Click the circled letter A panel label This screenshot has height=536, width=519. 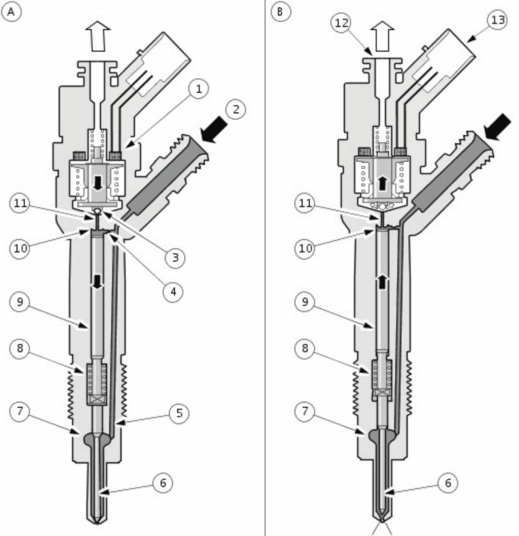[11, 11]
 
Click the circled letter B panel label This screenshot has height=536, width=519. [281, 11]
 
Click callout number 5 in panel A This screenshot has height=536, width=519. [178, 412]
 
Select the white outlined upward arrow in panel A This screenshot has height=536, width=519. [98, 35]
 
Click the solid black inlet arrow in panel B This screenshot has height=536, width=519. [497, 127]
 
